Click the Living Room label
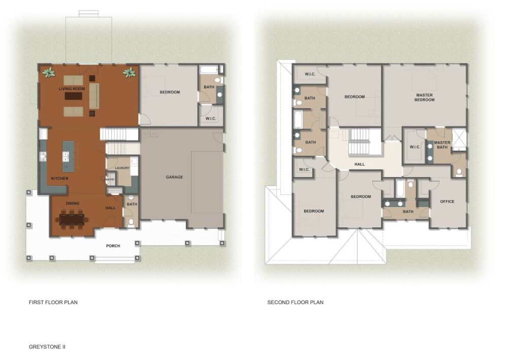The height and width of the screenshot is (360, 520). click(x=72, y=89)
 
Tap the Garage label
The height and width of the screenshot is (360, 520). click(x=175, y=177)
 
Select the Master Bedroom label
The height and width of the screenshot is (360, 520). click(x=424, y=97)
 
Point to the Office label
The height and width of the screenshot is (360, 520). click(x=447, y=202)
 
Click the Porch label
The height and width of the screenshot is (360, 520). click(x=113, y=246)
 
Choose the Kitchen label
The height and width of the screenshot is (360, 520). click(x=60, y=178)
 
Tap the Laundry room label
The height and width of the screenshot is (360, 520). click(x=122, y=168)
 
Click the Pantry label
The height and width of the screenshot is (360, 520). click(x=110, y=179)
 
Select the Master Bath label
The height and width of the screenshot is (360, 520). click(x=442, y=145)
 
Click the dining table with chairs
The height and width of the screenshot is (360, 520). click(x=72, y=219)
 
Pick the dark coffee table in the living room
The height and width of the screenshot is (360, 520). click(x=73, y=96)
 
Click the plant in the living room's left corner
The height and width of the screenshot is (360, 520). click(x=49, y=72)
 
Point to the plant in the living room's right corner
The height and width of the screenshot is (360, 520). click(x=129, y=72)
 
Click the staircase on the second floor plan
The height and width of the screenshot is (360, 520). click(x=360, y=142)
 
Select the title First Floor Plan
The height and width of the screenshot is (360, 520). click(x=53, y=302)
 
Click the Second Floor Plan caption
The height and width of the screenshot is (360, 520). click(x=296, y=302)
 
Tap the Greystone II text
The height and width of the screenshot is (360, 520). click(x=47, y=347)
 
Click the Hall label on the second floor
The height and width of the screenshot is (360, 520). click(x=360, y=164)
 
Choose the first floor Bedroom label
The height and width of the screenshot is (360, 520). click(x=170, y=92)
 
